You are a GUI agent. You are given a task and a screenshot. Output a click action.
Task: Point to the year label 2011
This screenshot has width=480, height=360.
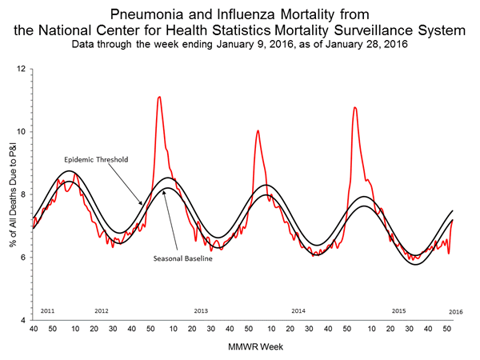point(47,310)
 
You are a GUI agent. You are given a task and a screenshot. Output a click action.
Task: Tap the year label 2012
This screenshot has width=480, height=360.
point(102,310)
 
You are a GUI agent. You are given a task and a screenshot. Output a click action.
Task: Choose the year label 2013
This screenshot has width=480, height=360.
point(201,310)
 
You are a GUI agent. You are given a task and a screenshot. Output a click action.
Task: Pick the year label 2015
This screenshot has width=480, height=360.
point(398,310)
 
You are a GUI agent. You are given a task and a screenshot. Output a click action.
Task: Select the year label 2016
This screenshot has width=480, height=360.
point(454,310)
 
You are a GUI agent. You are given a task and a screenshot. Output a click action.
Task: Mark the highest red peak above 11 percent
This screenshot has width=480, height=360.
point(159,97)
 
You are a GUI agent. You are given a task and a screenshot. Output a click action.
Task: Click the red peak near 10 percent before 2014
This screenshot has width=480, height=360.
point(257,130)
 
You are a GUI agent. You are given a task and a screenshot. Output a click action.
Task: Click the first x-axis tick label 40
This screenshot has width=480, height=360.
point(33,329)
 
